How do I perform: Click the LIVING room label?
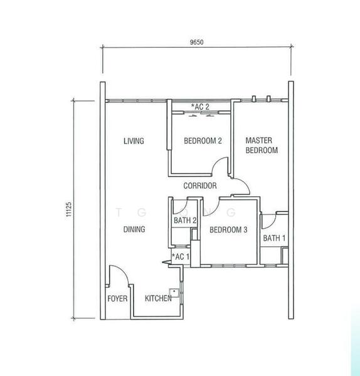pyautogui.click(x=134, y=141)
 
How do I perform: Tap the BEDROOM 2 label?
pyautogui.click(x=203, y=140)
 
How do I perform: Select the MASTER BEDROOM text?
pyautogui.click(x=262, y=145)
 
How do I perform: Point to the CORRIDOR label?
pyautogui.click(x=200, y=185)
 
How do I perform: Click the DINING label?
pyautogui.click(x=134, y=229)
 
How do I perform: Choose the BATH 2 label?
pyautogui.click(x=185, y=221)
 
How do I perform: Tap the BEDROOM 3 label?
pyautogui.click(x=228, y=230)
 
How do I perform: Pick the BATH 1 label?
pyautogui.click(x=274, y=238)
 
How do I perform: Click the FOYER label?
pyautogui.click(x=117, y=298)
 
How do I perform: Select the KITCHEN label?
pyautogui.click(x=158, y=298)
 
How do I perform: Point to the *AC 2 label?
pyautogui.click(x=200, y=107)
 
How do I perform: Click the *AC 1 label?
pyautogui.click(x=181, y=257)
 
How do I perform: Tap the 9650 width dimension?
pyautogui.click(x=196, y=42)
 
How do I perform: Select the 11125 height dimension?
pyautogui.click(x=69, y=209)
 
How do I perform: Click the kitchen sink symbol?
pyautogui.click(x=174, y=293)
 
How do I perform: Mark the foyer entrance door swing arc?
pyautogui.click(x=123, y=270)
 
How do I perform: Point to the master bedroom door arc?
pyautogui.click(x=245, y=184)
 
